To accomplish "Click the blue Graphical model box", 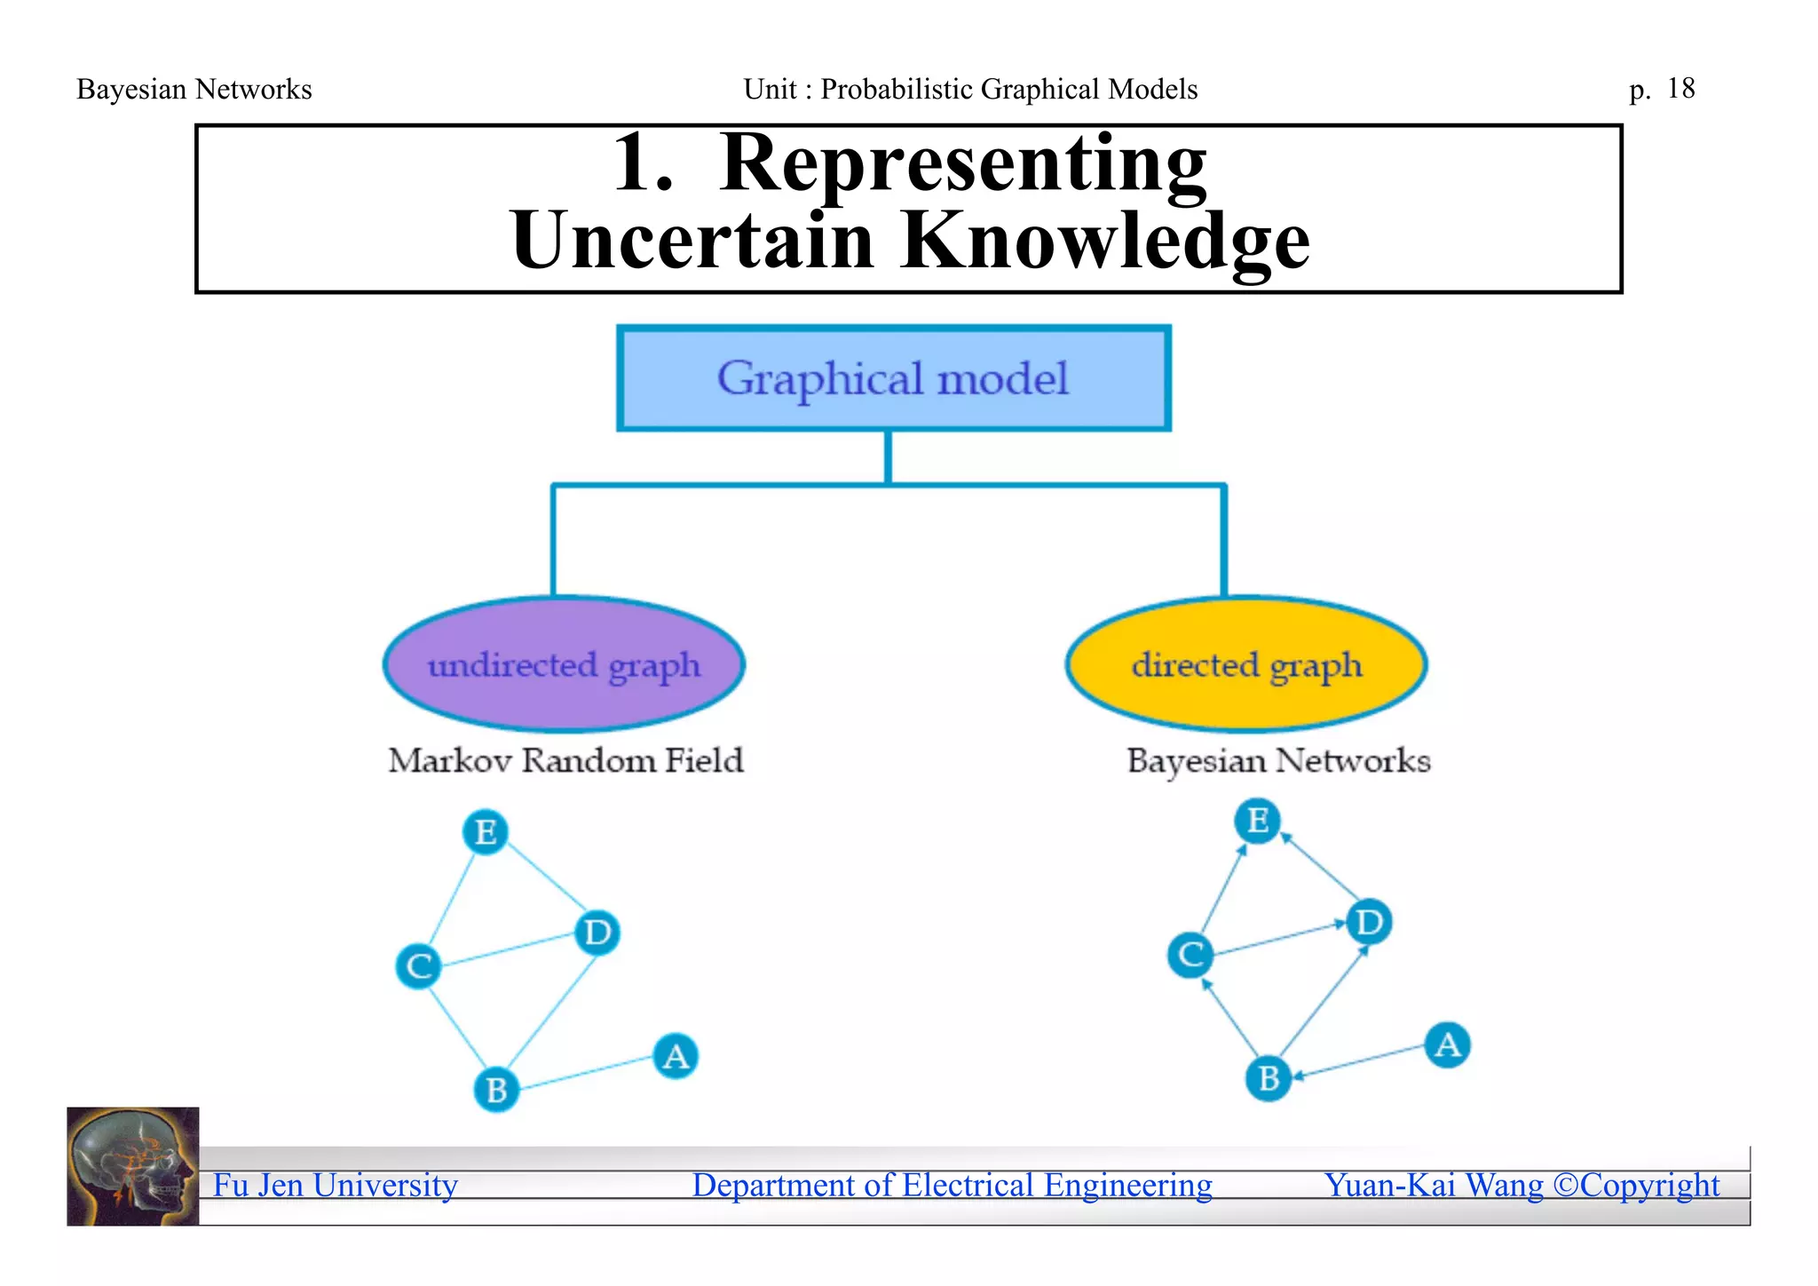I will (893, 379).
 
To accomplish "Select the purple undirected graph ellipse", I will (564, 664).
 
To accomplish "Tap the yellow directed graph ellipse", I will (1246, 664).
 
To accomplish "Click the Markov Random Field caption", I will (565, 761).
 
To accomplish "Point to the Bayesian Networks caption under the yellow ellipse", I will (1278, 761).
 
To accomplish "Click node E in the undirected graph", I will (486, 832).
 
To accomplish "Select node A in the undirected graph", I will (676, 1056).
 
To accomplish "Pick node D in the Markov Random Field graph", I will (597, 933).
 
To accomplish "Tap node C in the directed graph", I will (1190, 955).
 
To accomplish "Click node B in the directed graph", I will (1269, 1078).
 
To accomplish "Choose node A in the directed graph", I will (1447, 1044).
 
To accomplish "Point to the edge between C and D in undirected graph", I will (509, 949).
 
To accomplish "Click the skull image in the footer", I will (133, 1166).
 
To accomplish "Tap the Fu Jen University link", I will (336, 1186).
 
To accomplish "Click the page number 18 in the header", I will (1680, 89).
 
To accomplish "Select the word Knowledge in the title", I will (1104, 242).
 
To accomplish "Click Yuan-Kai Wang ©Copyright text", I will (1522, 1186).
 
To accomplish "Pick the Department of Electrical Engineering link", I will (952, 1186).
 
